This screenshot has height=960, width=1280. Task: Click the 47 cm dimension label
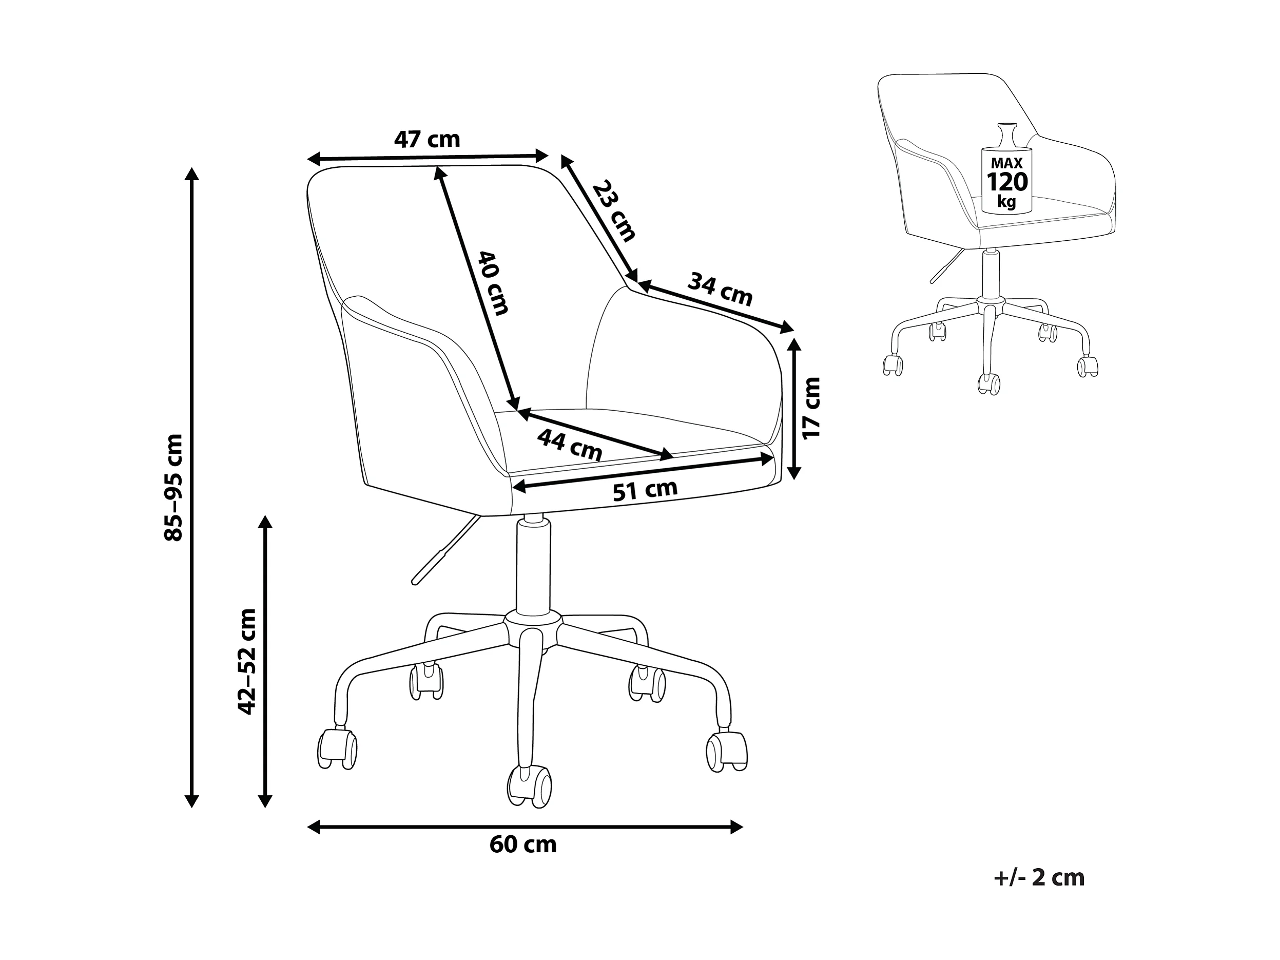tap(427, 140)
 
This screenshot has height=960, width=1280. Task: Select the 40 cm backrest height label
tap(493, 283)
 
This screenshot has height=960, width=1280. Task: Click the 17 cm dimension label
tap(811, 408)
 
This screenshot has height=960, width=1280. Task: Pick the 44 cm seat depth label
tap(569, 445)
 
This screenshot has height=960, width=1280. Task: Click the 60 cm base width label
tap(523, 844)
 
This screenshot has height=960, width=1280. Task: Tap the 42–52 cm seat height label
tap(247, 661)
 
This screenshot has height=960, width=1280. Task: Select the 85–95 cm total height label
tap(173, 487)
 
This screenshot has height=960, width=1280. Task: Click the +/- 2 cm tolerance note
tap(1039, 878)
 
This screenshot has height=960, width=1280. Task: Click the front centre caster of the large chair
tap(529, 785)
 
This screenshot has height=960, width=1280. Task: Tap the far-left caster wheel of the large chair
tap(337, 749)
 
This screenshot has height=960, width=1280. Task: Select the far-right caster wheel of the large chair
tap(727, 751)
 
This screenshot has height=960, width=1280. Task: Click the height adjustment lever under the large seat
tap(445, 550)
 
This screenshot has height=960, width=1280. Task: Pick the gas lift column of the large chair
tap(533, 567)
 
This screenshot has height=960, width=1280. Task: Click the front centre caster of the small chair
tap(989, 384)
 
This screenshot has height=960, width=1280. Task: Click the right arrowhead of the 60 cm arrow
tap(736, 827)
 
